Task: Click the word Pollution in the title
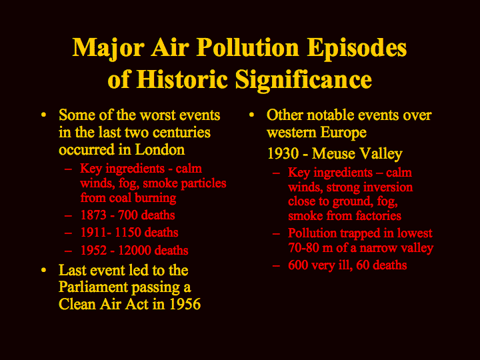(x=247, y=47)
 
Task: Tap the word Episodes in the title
(x=357, y=49)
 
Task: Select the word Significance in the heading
(x=303, y=80)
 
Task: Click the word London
(x=160, y=149)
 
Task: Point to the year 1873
(x=93, y=215)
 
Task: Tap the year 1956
(x=185, y=304)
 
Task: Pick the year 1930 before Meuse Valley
(x=283, y=153)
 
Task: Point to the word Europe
(x=343, y=133)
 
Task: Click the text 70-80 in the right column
(x=304, y=247)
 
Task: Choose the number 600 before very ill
(x=298, y=265)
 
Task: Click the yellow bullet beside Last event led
(x=44, y=270)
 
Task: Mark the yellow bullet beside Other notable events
(x=251, y=115)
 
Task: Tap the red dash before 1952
(x=68, y=251)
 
